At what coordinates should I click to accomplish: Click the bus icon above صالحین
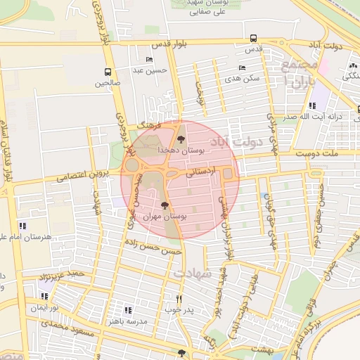pyautogui.click(x=108, y=72)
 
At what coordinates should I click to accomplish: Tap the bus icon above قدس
pyautogui.click(x=252, y=39)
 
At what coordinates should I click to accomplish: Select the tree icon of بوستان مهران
pyautogui.click(x=165, y=205)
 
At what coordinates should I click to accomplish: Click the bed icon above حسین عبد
pyautogui.click(x=148, y=60)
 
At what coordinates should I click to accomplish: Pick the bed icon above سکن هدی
pyautogui.click(x=243, y=68)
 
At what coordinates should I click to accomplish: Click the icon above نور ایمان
pyautogui.click(x=45, y=297)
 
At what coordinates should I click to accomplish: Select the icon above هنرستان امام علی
pyautogui.click(x=22, y=226)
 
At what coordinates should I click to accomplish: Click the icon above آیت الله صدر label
pyautogui.click(x=311, y=106)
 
